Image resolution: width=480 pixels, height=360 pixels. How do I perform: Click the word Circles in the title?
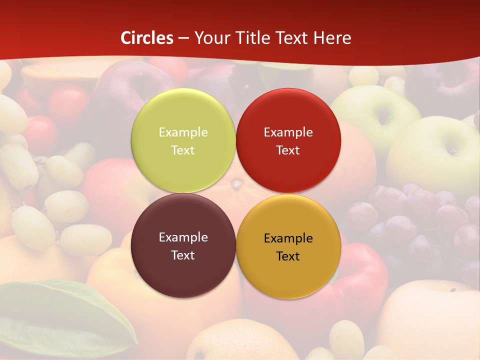click(x=147, y=38)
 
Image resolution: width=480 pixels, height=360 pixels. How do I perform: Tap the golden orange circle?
click(x=288, y=275)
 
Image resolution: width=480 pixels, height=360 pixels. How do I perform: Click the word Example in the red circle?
click(x=288, y=132)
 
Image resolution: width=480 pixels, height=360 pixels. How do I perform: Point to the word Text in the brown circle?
click(x=183, y=255)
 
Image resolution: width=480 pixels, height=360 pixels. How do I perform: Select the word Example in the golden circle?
click(x=288, y=238)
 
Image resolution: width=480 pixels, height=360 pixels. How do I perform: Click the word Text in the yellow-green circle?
click(x=183, y=150)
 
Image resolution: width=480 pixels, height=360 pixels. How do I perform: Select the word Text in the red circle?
click(x=288, y=150)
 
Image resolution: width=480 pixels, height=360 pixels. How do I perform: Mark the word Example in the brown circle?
click(x=183, y=237)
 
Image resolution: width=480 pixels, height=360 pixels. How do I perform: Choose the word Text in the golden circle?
click(x=288, y=256)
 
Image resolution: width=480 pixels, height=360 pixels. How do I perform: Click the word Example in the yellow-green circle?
click(x=183, y=132)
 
